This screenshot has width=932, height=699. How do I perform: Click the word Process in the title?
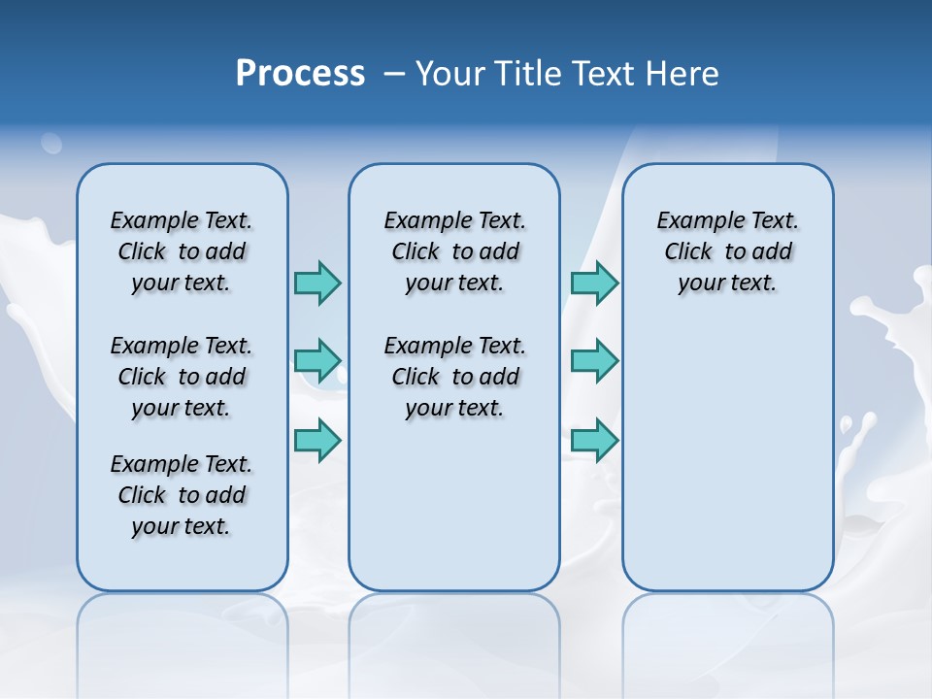[x=300, y=74]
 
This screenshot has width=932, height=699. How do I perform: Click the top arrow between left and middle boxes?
[x=317, y=283]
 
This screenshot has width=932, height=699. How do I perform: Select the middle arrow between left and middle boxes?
[x=317, y=361]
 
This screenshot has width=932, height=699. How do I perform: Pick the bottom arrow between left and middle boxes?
[x=317, y=440]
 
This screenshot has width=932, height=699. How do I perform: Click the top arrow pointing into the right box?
[x=594, y=283]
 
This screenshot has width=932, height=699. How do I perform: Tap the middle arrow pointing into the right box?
[x=594, y=361]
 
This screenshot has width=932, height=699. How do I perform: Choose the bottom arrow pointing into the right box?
[x=594, y=440]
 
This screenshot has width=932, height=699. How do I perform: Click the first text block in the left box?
[x=182, y=251]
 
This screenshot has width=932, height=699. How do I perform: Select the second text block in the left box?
[x=182, y=377]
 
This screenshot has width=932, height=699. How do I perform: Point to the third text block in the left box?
[x=182, y=495]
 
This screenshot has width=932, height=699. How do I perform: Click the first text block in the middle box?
[x=454, y=251]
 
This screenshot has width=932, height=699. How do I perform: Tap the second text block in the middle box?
[x=454, y=377]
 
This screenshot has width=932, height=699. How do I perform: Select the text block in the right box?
[x=727, y=251]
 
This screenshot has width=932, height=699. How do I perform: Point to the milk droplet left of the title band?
[x=50, y=144]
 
